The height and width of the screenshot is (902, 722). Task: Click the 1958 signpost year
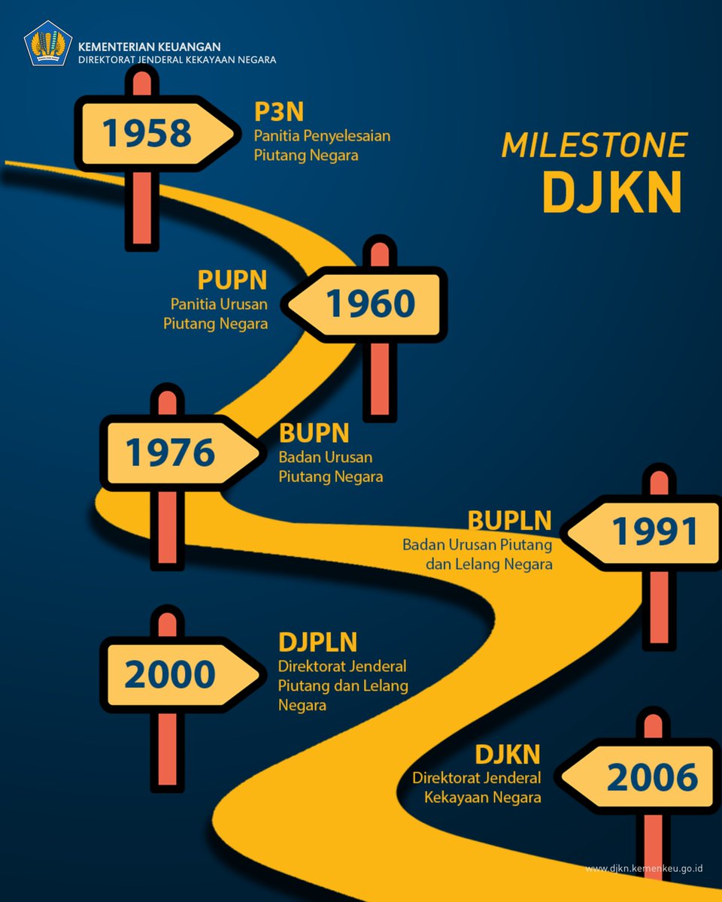coord(147,133)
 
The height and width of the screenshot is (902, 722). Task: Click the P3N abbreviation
coord(278,112)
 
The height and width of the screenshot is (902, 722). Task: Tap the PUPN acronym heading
coord(232,280)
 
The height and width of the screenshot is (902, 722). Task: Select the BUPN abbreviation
coord(314,433)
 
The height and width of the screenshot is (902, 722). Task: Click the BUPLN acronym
coord(509,520)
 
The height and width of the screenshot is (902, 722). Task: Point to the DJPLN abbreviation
coord(317,643)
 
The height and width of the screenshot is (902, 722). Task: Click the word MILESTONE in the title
coord(594,146)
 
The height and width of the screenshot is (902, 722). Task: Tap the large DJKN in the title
coord(611,193)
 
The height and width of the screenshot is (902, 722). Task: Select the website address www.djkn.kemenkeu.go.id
coord(644,868)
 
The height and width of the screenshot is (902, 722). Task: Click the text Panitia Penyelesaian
coord(322,137)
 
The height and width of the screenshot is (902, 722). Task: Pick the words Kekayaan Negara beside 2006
coord(482,798)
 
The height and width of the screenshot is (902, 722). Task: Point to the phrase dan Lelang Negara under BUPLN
coord(488,564)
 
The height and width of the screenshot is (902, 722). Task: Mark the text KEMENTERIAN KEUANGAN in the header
coord(150,47)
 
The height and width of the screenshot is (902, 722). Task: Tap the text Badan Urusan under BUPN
coord(325,457)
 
